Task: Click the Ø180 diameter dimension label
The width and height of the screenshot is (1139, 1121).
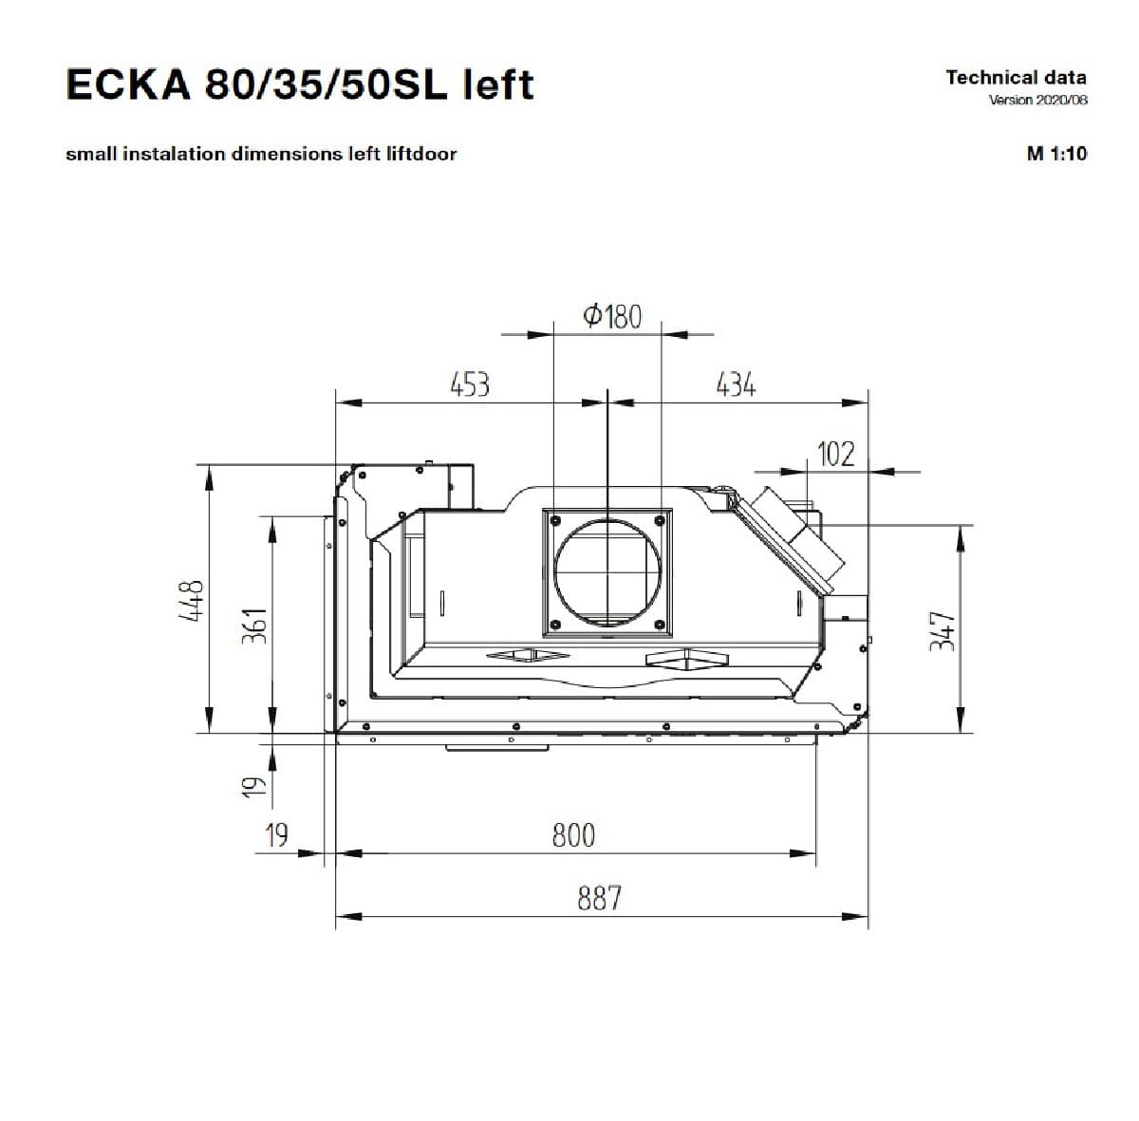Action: click(612, 316)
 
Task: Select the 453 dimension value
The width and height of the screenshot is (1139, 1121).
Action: click(470, 384)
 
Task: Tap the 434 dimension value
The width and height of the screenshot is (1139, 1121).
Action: click(736, 384)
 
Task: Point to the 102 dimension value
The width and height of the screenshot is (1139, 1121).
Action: click(836, 454)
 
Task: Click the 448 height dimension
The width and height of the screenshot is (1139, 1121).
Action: click(192, 600)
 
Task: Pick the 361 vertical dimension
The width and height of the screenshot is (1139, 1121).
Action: click(254, 626)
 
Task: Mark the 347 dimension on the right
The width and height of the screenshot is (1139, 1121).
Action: click(943, 631)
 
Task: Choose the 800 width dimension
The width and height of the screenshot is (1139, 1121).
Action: click(573, 835)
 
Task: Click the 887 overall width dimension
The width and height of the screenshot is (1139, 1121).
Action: click(599, 898)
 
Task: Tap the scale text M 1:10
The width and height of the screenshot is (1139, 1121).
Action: click(1056, 154)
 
